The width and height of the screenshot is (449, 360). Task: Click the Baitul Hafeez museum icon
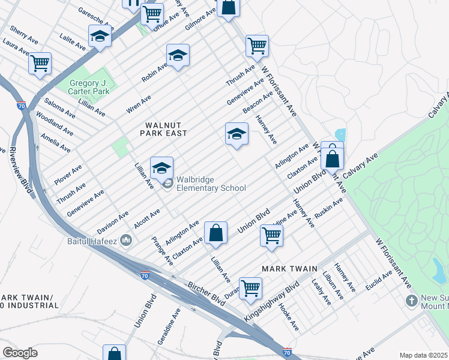click(x=126, y=241)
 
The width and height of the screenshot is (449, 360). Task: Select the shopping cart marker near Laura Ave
click(x=40, y=62)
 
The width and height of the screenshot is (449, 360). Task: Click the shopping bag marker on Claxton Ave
click(x=215, y=233)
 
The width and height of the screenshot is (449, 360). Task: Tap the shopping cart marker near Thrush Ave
click(x=257, y=45)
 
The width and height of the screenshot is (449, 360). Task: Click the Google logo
click(x=20, y=353)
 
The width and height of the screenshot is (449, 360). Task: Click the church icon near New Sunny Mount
click(x=412, y=300)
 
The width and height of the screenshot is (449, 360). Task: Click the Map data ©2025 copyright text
click(x=423, y=355)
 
